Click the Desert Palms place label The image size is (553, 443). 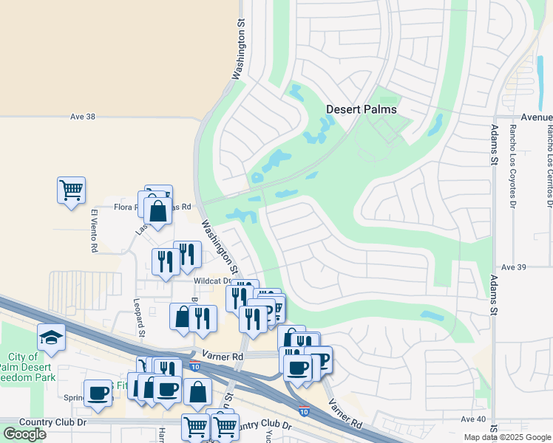click(x=362, y=109)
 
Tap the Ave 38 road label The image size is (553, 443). click(x=84, y=117)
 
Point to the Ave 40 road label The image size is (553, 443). click(x=473, y=419)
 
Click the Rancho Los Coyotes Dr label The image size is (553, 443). click(x=512, y=166)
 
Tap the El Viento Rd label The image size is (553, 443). click(x=94, y=231)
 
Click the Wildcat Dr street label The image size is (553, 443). click(x=213, y=281)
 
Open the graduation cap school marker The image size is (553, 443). click(x=51, y=337)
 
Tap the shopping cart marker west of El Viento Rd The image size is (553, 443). click(x=71, y=190)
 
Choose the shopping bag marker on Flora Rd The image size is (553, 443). click(x=158, y=212)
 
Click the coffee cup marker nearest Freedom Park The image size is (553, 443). click(x=98, y=393)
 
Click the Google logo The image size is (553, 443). click(x=24, y=434)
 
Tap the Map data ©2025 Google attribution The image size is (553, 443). click(x=506, y=437)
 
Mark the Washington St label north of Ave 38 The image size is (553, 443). click(x=238, y=49)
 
